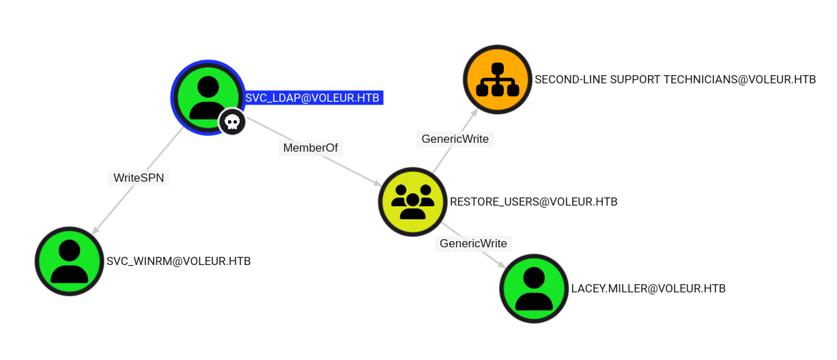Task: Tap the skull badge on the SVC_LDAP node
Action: coord(232,122)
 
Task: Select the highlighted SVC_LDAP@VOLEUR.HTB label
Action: coord(312,98)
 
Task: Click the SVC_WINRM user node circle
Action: coord(69,261)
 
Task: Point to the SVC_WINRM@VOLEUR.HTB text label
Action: coord(179,261)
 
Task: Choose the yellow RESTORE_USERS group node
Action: coord(412,202)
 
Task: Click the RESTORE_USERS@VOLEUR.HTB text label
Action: coord(533,202)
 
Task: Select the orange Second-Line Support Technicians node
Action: coord(497,79)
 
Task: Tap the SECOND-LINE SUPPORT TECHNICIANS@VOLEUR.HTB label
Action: coord(675,79)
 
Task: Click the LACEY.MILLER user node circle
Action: coord(534,288)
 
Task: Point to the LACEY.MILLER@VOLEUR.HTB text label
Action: coord(648,288)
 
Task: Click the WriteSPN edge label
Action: coord(139,178)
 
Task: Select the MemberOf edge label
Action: coord(311,148)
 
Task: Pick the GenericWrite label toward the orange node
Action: coord(455,139)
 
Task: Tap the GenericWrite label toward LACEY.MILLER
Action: coord(473,243)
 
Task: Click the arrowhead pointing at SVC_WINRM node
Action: coord(96,230)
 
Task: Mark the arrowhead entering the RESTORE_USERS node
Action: coord(377,183)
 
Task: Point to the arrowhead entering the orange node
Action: coord(474,112)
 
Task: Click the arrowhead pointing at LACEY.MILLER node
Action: coord(502,264)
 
